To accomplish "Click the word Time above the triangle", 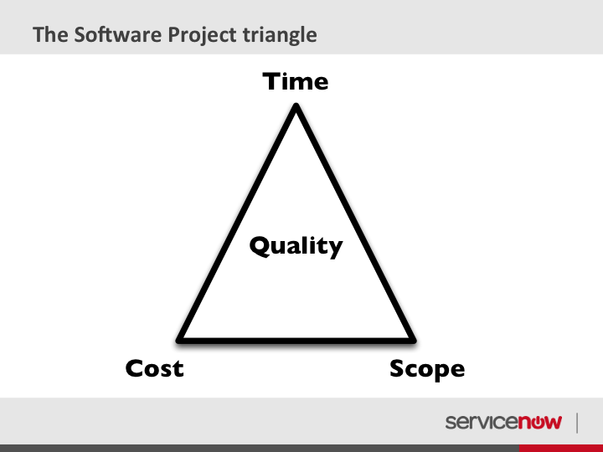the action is click(x=296, y=81).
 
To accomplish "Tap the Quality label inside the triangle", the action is click(x=296, y=246).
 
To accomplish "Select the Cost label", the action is click(x=155, y=368).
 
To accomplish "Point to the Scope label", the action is click(x=427, y=369).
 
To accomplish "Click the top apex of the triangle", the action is click(x=296, y=104).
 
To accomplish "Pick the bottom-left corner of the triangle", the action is click(x=178, y=341).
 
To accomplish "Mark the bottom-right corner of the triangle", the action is click(x=415, y=341).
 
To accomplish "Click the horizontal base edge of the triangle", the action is click(x=296, y=341).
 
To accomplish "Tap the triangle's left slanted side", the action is click(x=236, y=222).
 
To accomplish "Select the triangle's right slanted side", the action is click(x=356, y=222).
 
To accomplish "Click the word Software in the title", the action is click(x=119, y=34).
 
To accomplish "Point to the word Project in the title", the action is click(x=203, y=35).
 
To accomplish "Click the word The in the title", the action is click(x=51, y=34).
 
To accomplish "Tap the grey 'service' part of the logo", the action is click(x=482, y=422).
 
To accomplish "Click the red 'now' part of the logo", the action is click(x=540, y=422).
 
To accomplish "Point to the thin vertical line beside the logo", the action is click(x=577, y=424).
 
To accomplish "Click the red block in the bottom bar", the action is click(x=561, y=448).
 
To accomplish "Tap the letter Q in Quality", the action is click(x=261, y=246).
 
